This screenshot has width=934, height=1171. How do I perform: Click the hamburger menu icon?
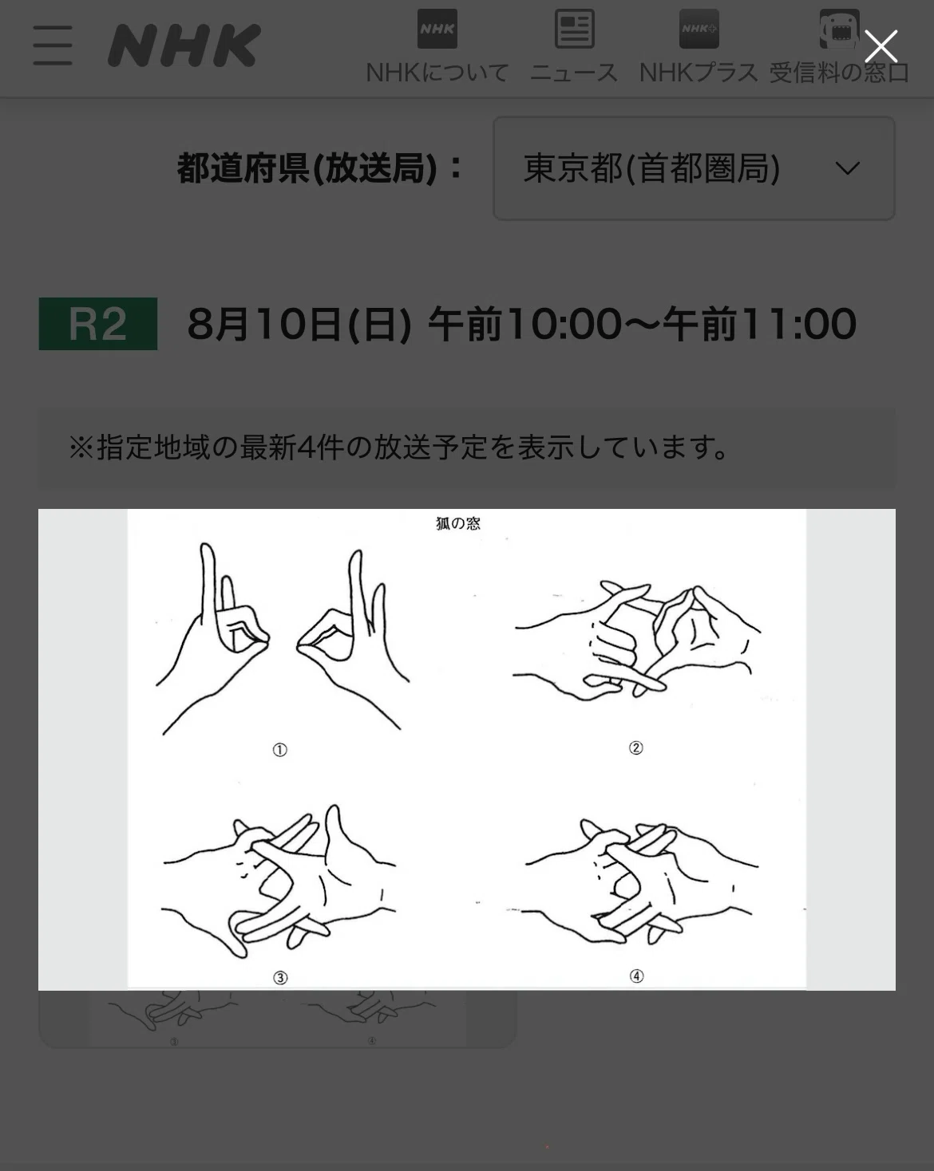click(52, 45)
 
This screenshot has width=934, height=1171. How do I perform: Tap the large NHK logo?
click(184, 45)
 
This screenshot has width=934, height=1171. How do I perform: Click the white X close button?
click(881, 46)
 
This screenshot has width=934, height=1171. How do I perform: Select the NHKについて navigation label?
click(437, 73)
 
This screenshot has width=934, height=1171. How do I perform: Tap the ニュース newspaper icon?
click(574, 29)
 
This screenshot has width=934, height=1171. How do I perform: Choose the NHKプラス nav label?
click(699, 73)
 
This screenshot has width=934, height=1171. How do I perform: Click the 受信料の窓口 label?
click(839, 73)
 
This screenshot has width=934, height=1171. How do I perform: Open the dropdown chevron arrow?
click(848, 168)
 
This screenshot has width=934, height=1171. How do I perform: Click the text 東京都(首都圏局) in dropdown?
click(651, 168)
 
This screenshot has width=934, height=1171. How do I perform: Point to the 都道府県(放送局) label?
click(307, 168)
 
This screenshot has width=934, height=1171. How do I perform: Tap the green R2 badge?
click(98, 324)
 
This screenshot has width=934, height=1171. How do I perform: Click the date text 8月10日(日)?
click(299, 325)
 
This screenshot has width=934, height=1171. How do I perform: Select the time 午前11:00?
click(759, 325)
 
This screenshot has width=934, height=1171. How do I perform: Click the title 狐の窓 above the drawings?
click(458, 523)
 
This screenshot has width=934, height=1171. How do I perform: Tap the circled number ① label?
click(280, 751)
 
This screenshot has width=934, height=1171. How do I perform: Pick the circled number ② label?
click(635, 748)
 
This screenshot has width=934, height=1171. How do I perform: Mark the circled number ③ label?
click(280, 978)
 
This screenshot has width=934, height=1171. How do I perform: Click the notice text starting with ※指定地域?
click(398, 448)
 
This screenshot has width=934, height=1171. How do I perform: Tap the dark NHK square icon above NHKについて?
click(437, 29)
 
